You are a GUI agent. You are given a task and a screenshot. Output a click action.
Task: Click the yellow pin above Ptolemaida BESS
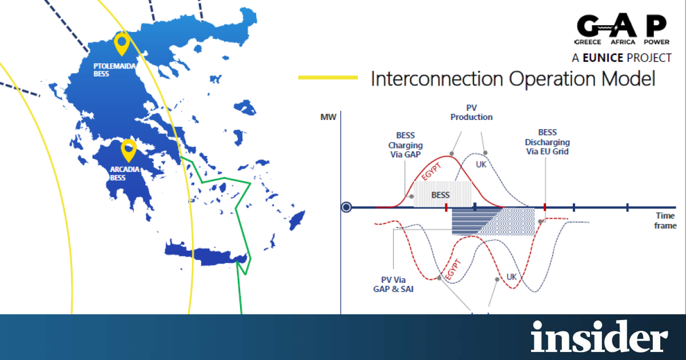pyautogui.click(x=122, y=43)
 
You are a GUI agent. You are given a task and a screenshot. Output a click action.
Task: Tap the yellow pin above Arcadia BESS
pyautogui.click(x=129, y=150)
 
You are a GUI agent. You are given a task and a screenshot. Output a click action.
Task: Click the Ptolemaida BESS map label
pyautogui.click(x=114, y=70)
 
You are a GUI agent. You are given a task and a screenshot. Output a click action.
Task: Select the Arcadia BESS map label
pyautogui.click(x=125, y=174)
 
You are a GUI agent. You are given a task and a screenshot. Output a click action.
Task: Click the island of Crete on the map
pyautogui.click(x=206, y=254)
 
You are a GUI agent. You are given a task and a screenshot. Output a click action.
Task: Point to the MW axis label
pyautogui.click(x=328, y=117)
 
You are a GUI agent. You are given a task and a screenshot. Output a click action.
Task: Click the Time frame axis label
pyautogui.click(x=665, y=221)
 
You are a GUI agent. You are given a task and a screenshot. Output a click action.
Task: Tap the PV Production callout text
pyautogui.click(x=471, y=113)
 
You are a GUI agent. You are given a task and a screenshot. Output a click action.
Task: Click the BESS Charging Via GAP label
pyautogui.click(x=405, y=145)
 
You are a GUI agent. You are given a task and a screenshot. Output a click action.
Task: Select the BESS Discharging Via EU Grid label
pyautogui.click(x=547, y=142)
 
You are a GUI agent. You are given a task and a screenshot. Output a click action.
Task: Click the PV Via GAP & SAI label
pyautogui.click(x=393, y=285)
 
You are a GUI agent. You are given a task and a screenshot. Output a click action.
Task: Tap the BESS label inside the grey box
pyautogui.click(x=440, y=195)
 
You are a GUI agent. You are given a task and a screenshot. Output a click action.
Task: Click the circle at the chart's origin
pyautogui.click(x=346, y=207)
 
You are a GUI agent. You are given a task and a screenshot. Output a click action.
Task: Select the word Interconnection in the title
pyautogui.click(x=437, y=79)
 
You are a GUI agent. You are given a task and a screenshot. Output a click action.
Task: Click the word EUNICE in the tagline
pyautogui.click(x=603, y=58)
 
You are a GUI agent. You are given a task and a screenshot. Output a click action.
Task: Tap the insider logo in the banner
pyautogui.click(x=599, y=337)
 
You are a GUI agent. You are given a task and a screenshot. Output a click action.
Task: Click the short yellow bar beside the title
pyautogui.click(x=328, y=78)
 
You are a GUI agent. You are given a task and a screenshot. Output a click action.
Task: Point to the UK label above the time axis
pyautogui.click(x=481, y=165)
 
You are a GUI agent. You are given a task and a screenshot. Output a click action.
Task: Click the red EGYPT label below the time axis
pyautogui.click(x=453, y=269)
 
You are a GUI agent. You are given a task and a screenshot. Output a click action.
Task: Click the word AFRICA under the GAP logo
pyautogui.click(x=623, y=42)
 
